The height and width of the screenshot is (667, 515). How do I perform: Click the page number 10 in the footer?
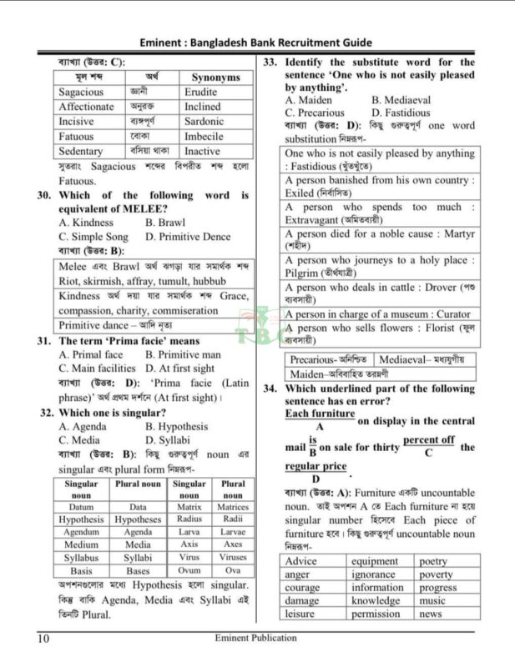pyautogui.click(x=43, y=639)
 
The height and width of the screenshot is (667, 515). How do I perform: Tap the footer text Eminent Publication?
pyautogui.click(x=255, y=639)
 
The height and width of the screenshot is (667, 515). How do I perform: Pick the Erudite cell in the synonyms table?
pyautogui.click(x=201, y=93)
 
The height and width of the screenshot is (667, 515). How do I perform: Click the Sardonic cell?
pyautogui.click(x=204, y=122)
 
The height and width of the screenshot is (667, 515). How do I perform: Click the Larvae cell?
pyautogui.click(x=233, y=532)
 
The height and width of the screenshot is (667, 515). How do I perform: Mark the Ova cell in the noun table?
pyautogui.click(x=233, y=571)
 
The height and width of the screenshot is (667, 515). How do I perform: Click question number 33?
pyautogui.click(x=270, y=63)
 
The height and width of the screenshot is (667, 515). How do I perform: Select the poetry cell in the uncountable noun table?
pyautogui.click(x=433, y=562)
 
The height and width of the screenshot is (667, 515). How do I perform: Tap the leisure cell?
pyautogui.click(x=300, y=614)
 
